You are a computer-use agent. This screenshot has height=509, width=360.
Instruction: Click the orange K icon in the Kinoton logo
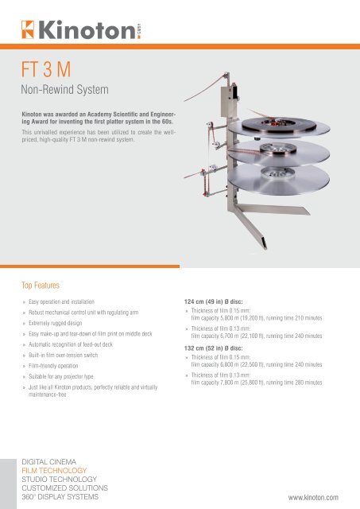28,29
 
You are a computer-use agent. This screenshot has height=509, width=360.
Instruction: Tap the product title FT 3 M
46,69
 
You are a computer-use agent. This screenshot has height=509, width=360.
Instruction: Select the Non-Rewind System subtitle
64,89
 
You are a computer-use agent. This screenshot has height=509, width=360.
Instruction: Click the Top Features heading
41,286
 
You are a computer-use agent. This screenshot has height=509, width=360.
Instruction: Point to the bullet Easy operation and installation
61,301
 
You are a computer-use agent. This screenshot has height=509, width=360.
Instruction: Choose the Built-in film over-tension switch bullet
63,356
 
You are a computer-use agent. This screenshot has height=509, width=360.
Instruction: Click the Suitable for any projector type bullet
61,376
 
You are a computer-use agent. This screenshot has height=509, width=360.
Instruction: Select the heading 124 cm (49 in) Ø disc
214,301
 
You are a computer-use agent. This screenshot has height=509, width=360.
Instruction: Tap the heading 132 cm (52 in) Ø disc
214,348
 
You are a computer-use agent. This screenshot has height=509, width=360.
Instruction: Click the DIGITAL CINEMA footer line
48,462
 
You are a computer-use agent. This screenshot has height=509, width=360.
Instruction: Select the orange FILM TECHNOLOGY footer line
54,471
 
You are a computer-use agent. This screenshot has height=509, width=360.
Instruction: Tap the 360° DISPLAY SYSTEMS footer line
60,497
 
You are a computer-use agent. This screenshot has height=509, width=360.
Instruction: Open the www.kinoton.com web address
313,498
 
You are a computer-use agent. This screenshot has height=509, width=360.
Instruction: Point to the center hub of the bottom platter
277,173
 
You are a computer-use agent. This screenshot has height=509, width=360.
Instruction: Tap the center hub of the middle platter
278,149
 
